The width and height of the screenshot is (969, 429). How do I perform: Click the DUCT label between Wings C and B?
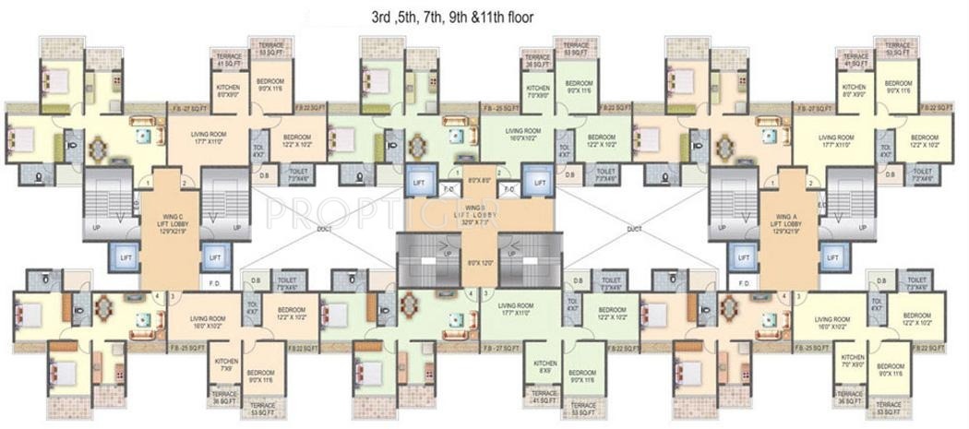point(325,229)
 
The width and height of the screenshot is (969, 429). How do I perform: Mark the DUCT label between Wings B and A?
point(633,229)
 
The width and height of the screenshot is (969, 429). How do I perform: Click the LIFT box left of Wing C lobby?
point(123,257)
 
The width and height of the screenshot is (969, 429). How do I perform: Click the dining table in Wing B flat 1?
point(417,145)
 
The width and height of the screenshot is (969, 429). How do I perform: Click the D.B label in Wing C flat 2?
point(264,173)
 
